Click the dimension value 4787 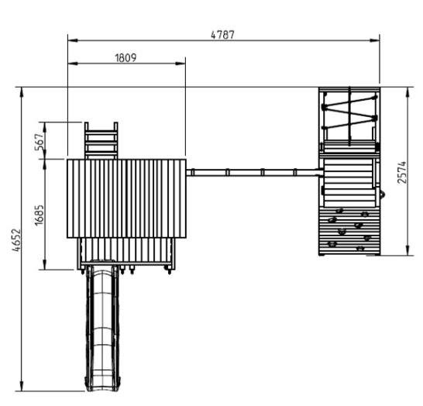pos(222,35)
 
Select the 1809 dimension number pos(126,58)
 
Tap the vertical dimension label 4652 pos(16,240)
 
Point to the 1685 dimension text pos(39,215)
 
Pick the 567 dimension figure pos(39,142)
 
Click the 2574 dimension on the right pos(402,172)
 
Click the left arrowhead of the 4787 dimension pos(73,40)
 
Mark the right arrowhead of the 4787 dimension pos(375,40)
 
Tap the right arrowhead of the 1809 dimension pos(181,64)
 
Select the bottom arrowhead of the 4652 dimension pos(22,386)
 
